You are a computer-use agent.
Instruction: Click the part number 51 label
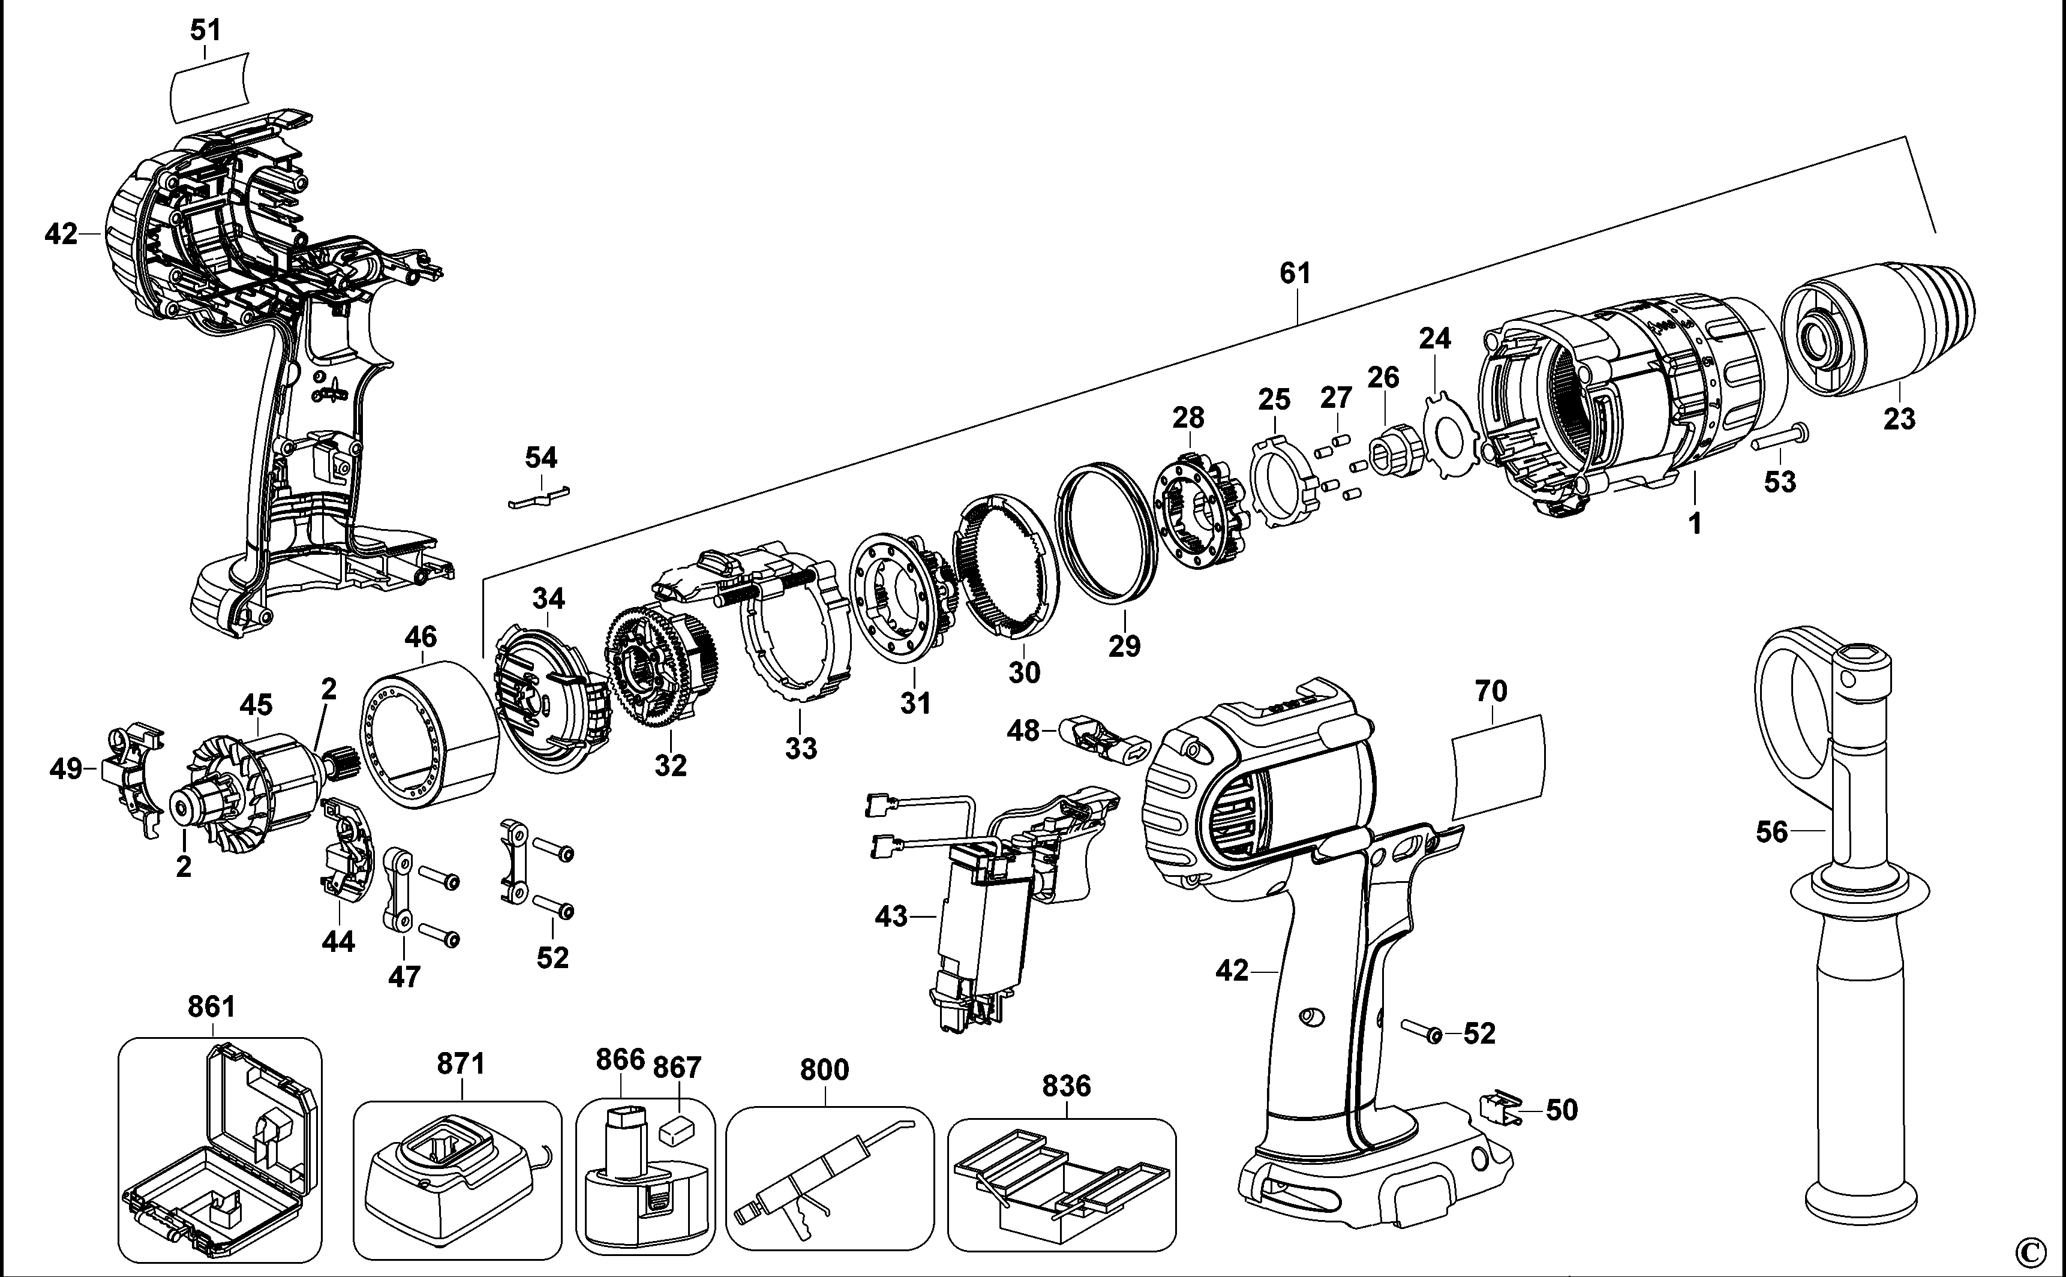coord(205,31)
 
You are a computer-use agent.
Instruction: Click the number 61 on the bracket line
coord(1295,274)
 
